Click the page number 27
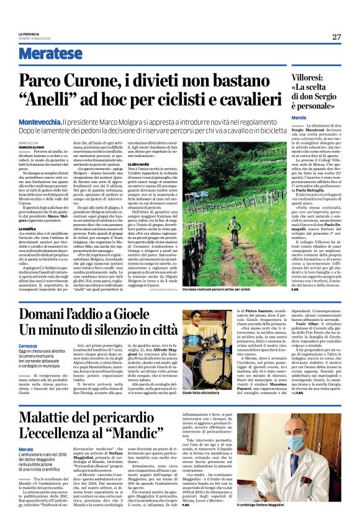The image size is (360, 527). tap(336, 37)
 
